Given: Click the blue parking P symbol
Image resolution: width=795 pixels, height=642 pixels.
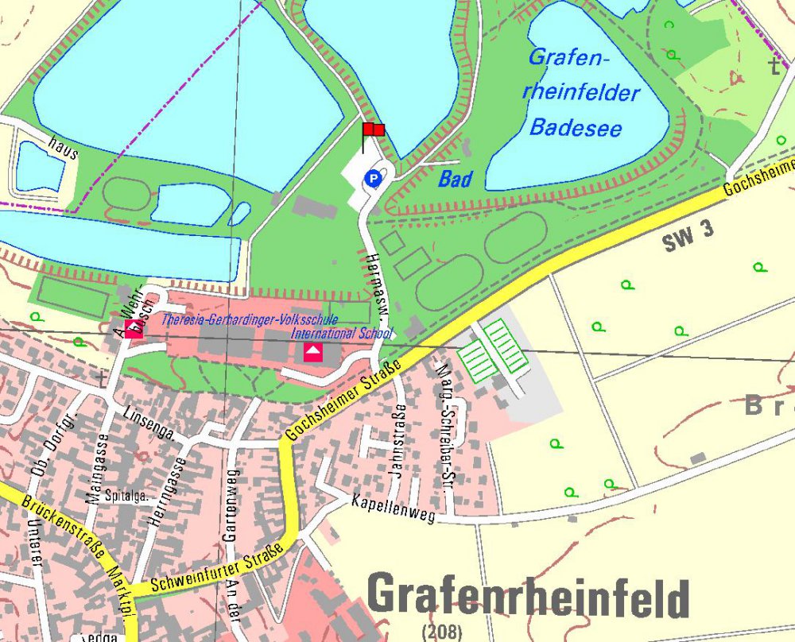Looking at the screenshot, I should [x=371, y=180].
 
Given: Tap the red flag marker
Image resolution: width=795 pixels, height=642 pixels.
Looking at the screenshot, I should [x=373, y=130].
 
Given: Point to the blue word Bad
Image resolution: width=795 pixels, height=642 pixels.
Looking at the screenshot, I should [x=455, y=180].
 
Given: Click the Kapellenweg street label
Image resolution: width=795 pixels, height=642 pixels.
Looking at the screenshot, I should [x=394, y=509].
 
